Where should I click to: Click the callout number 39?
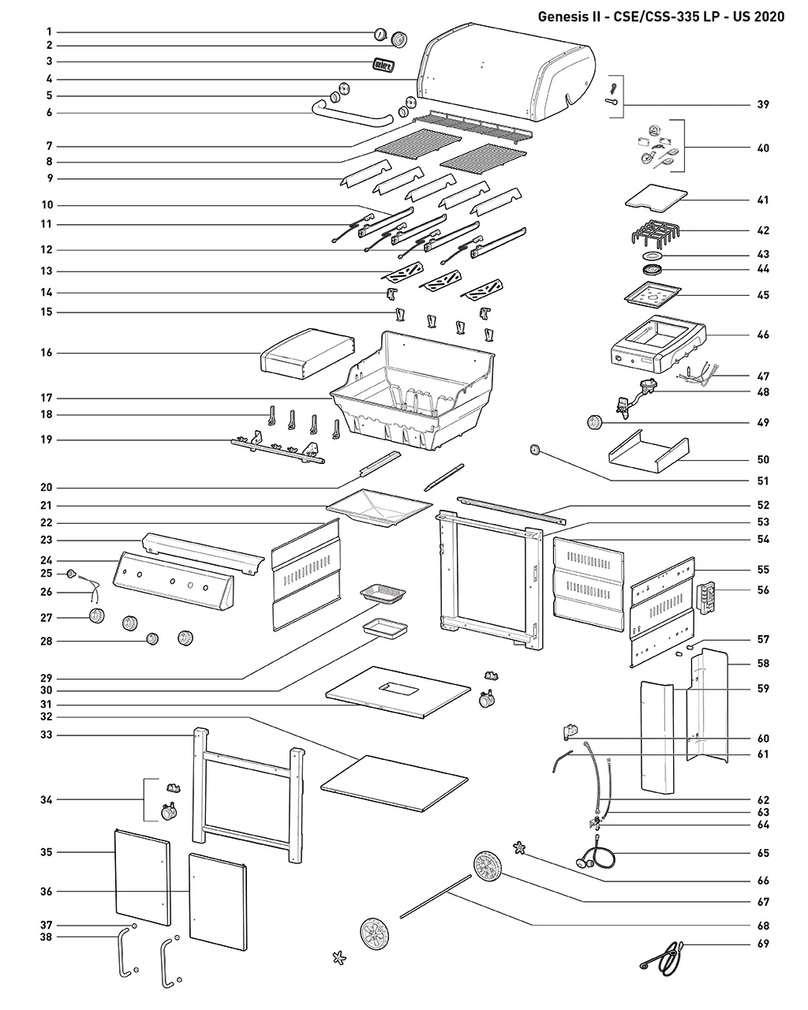(x=763, y=105)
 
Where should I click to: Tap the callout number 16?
(x=46, y=353)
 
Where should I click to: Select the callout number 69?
(x=763, y=944)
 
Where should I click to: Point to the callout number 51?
(x=763, y=481)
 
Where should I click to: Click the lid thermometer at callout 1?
(x=380, y=34)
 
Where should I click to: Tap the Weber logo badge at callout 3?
(x=383, y=65)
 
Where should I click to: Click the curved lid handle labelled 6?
(x=352, y=115)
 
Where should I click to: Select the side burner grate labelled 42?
(x=656, y=232)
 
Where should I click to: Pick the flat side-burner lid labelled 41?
(x=656, y=196)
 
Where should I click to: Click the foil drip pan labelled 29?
(x=383, y=593)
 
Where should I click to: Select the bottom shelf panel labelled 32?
(x=395, y=783)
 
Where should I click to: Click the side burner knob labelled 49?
(x=594, y=422)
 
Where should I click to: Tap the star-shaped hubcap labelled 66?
(x=519, y=848)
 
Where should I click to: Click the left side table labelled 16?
(x=308, y=354)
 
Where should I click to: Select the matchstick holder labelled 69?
(x=662, y=959)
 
